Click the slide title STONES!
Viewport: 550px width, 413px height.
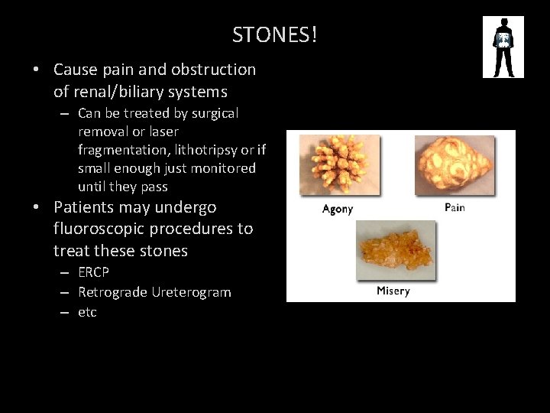pyautogui.click(x=275, y=34)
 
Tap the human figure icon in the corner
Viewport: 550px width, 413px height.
pyautogui.click(x=503, y=47)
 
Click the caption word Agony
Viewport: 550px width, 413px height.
pyautogui.click(x=338, y=209)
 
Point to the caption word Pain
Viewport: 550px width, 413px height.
pyautogui.click(x=455, y=207)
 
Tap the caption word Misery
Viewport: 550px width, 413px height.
pyautogui.click(x=393, y=291)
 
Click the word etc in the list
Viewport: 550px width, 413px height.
pyautogui.click(x=87, y=312)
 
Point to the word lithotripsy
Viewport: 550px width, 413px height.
pyautogui.click(x=201, y=150)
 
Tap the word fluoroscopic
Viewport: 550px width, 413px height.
pyautogui.click(x=102, y=229)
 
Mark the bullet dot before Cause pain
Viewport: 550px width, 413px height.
pyautogui.click(x=37, y=70)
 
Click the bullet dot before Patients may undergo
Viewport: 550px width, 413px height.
pyautogui.click(x=37, y=207)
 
